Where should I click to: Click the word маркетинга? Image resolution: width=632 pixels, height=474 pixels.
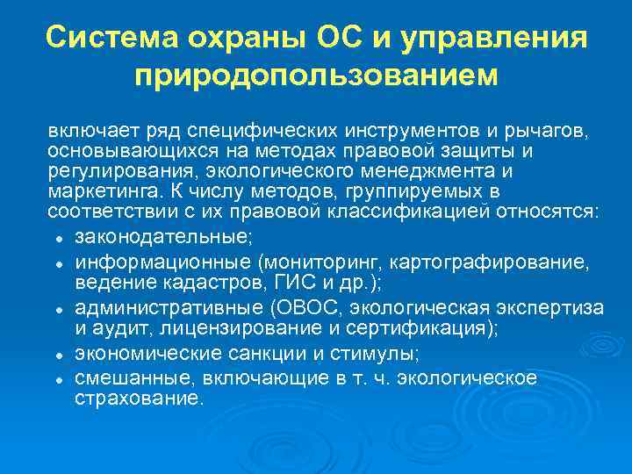(96, 191)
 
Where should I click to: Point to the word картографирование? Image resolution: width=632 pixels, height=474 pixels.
(497, 262)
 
